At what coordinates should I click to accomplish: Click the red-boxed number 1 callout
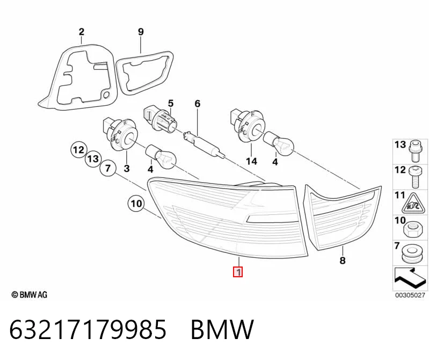(x=238, y=272)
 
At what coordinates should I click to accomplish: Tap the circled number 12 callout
(x=78, y=150)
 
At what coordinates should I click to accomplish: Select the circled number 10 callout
(x=136, y=204)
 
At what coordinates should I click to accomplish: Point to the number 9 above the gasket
(x=141, y=32)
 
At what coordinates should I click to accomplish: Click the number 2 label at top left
(x=82, y=32)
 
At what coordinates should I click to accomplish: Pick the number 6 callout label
(x=197, y=104)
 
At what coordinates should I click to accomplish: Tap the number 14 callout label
(x=251, y=161)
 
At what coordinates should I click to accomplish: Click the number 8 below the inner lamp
(x=343, y=260)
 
